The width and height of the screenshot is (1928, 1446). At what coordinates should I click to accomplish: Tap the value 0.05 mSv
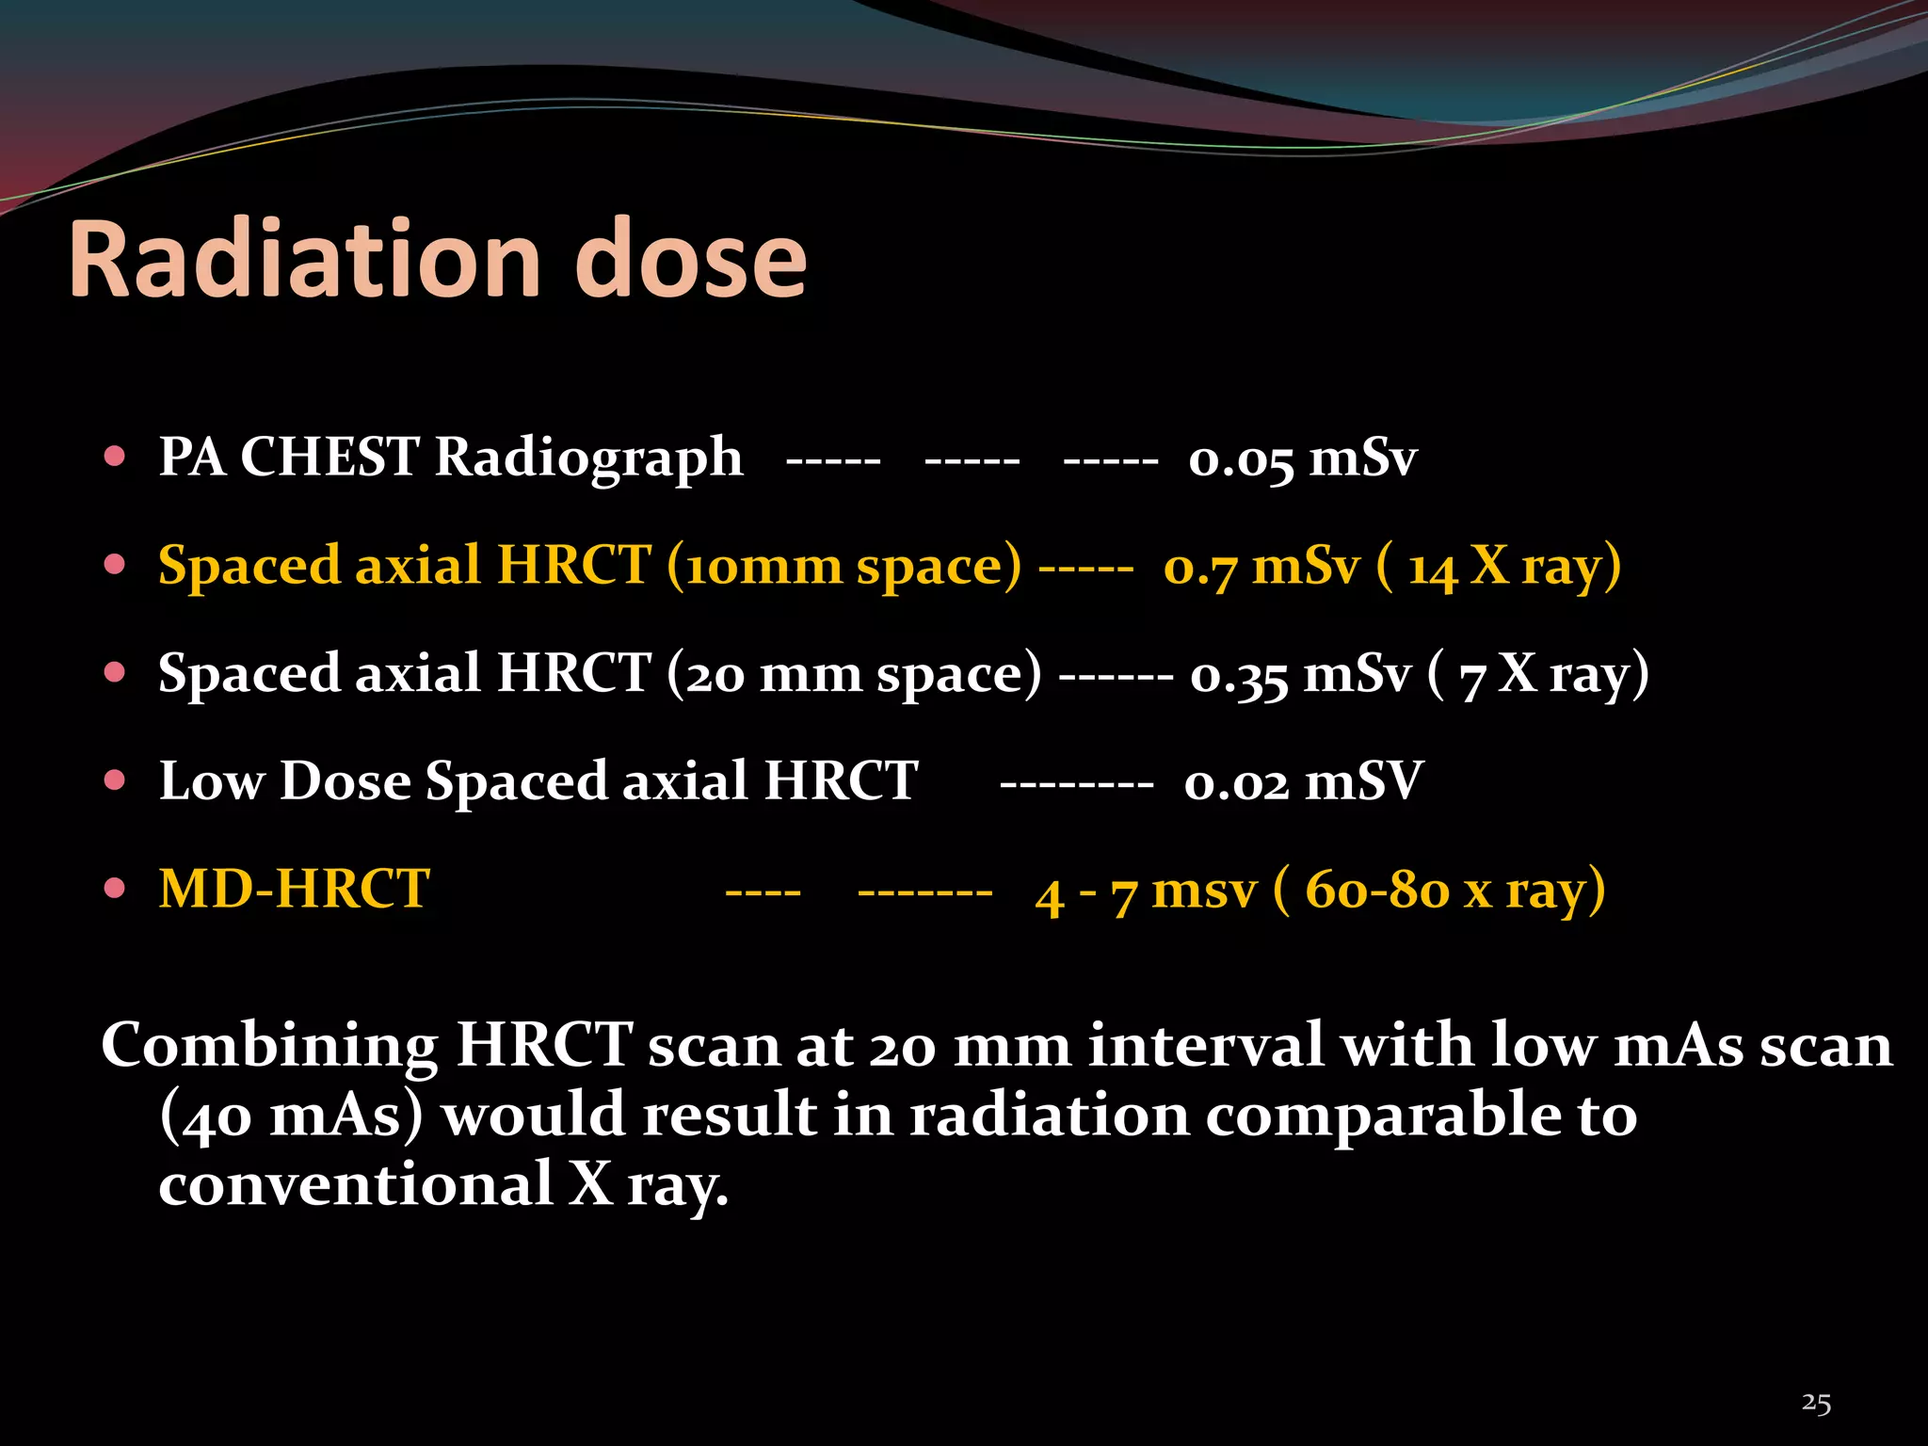pyautogui.click(x=1302, y=459)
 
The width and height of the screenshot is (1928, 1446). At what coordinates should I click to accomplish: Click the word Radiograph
pyautogui.click(x=588, y=459)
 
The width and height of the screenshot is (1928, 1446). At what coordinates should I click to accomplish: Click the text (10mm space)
pyautogui.click(x=843, y=567)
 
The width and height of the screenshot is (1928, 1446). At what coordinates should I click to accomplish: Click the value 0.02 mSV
pyautogui.click(x=1303, y=782)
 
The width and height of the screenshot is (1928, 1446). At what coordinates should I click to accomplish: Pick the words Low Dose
pyautogui.click(x=285, y=781)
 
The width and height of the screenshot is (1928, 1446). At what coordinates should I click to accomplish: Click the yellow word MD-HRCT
pyautogui.click(x=294, y=889)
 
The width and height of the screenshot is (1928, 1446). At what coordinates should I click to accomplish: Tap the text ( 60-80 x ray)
pyautogui.click(x=1439, y=890)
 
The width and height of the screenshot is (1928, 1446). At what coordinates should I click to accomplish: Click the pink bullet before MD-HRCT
pyautogui.click(x=115, y=889)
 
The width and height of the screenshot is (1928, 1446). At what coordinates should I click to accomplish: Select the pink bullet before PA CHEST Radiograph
pyautogui.click(x=115, y=458)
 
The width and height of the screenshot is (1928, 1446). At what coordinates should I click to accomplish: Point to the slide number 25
pyautogui.click(x=1816, y=1403)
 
